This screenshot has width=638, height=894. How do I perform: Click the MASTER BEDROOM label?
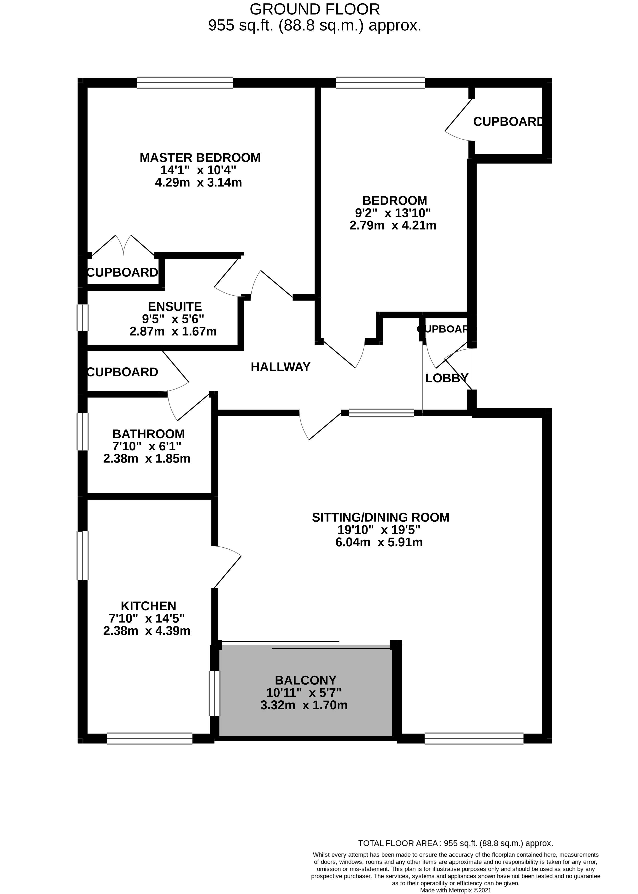(200, 158)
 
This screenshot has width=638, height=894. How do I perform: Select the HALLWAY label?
(280, 367)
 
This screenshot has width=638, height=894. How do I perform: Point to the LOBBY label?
(447, 378)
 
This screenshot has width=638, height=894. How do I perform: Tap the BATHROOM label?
(149, 434)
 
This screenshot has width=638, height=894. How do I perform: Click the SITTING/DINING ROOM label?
(381, 517)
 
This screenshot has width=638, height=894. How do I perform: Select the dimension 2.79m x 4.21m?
(393, 225)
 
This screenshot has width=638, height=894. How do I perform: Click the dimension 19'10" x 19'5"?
(379, 530)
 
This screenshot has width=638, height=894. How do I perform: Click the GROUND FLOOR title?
(315, 9)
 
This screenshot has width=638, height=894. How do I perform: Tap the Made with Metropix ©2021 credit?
(456, 890)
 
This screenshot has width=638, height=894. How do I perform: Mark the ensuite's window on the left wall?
(82, 317)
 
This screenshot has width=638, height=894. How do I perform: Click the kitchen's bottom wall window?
(150, 738)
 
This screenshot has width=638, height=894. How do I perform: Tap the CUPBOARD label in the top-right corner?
(508, 122)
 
